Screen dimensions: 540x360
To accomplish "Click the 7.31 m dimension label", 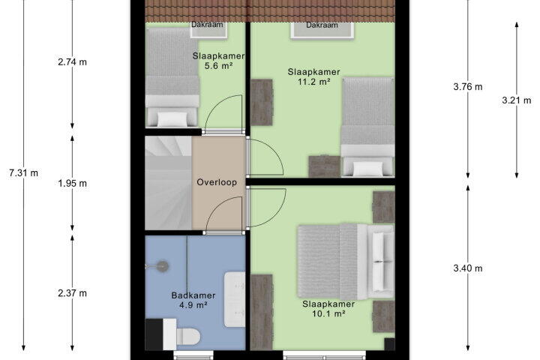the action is click(23, 173).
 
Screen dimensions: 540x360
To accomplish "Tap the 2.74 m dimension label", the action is click(72, 62).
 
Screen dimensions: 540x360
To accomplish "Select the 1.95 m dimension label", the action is click(72, 183).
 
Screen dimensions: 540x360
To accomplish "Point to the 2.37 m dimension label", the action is click(72, 293).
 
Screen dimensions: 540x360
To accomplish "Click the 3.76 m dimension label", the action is click(468, 87).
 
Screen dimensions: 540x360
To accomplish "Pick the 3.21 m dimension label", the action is click(517, 100).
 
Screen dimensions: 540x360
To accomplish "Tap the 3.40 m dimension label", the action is click(468, 268).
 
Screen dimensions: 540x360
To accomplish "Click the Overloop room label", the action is click(217, 182).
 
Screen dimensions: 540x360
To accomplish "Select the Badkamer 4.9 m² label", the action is click(193, 300).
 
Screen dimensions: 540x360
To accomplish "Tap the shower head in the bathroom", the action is click(161, 266).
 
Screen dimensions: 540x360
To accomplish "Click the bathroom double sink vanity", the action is click(235, 299).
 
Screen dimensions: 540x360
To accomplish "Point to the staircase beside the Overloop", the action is click(169, 183).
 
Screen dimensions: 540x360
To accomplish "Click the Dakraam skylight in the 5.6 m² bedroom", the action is click(209, 30).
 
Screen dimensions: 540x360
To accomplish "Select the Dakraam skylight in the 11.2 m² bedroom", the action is click(322, 31).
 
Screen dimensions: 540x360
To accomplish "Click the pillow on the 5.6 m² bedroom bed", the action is click(172, 119).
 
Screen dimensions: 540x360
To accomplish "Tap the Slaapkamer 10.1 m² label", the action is click(328, 309).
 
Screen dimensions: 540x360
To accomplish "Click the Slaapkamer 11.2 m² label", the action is click(313, 76).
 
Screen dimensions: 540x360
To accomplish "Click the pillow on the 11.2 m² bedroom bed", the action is click(368, 169).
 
